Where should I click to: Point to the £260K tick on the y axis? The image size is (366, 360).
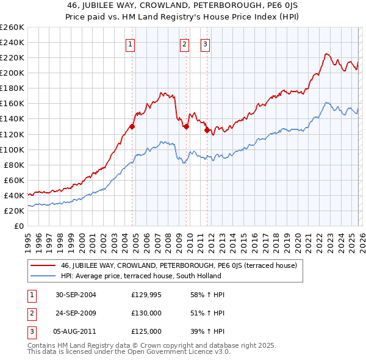[x=12, y=27]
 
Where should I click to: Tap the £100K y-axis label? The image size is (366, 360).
[x=12, y=149]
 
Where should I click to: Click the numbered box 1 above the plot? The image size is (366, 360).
[x=131, y=43]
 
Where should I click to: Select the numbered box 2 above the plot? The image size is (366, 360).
[x=185, y=43]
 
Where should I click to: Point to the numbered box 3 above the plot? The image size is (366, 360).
[x=205, y=43]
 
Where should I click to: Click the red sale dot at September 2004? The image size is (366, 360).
[x=132, y=127]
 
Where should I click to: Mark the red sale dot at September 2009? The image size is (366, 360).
[x=186, y=127]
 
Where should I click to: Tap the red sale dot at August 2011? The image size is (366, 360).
[x=206, y=130]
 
